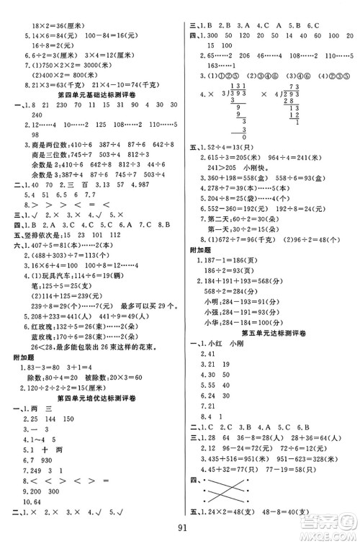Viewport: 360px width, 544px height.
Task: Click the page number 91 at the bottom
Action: pos(179,530)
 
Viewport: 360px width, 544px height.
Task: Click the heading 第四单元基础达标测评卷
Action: pos(91,94)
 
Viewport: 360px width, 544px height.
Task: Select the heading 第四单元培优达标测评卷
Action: pos(91,397)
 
